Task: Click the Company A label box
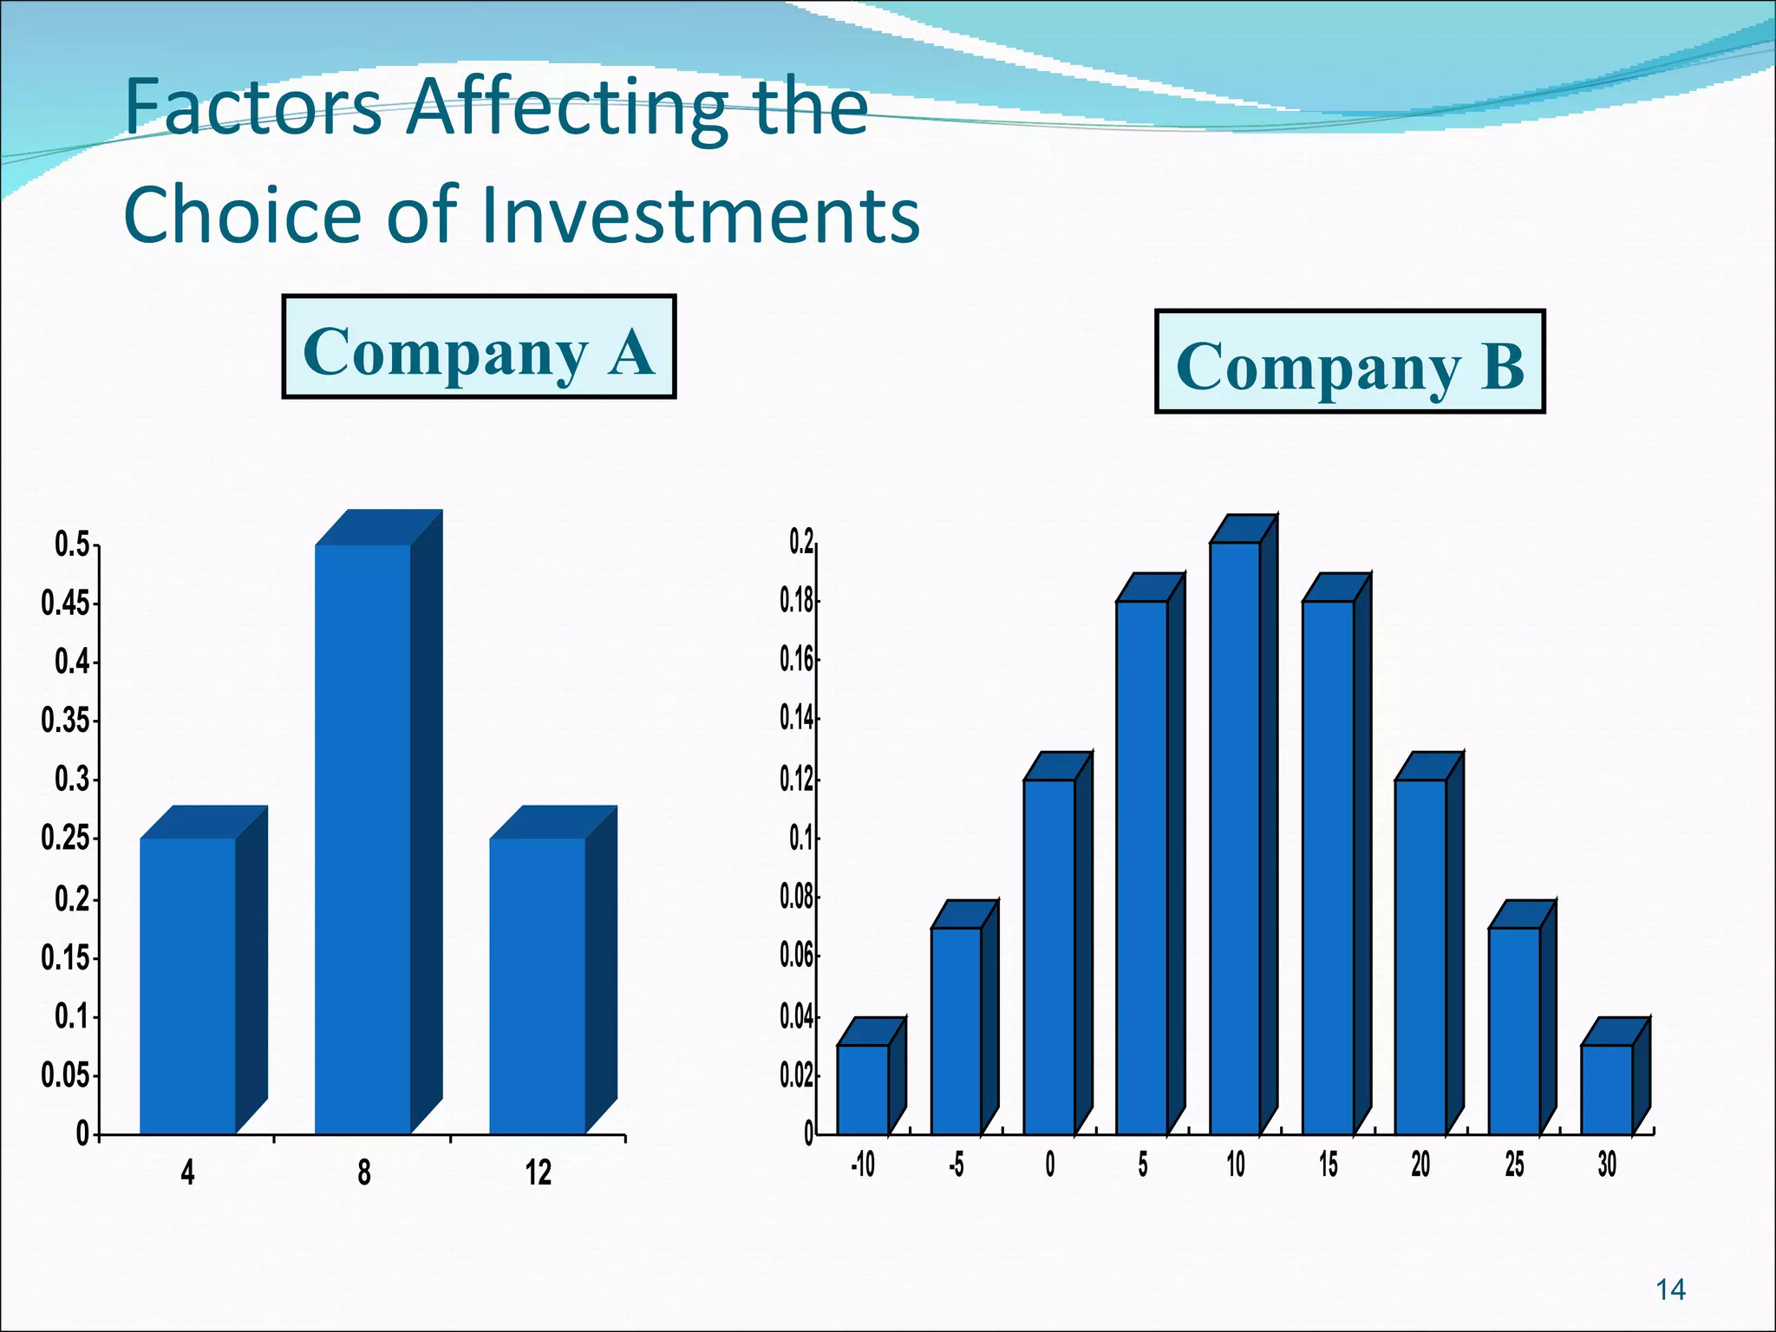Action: point(479,347)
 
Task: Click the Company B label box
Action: point(1349,362)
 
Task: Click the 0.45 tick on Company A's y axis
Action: point(67,604)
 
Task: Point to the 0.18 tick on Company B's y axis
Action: point(797,601)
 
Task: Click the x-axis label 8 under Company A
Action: point(364,1173)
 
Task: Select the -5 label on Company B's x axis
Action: point(956,1165)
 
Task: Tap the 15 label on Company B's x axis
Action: point(1329,1165)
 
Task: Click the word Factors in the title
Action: point(253,108)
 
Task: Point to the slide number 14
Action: point(1670,1290)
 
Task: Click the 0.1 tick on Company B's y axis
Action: point(801,839)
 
